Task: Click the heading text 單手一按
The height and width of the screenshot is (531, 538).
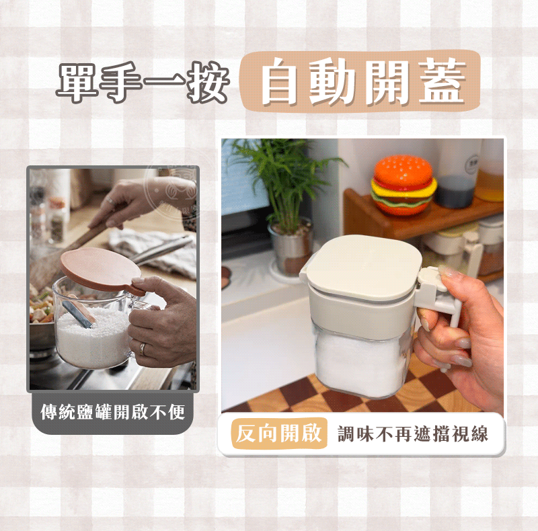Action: tap(143, 83)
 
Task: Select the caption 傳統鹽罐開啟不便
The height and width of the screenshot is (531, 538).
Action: tap(113, 411)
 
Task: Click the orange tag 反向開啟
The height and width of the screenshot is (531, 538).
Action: tap(279, 434)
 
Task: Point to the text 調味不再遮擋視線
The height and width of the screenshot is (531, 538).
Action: tap(413, 434)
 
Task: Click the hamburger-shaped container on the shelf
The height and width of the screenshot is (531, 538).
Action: tap(404, 185)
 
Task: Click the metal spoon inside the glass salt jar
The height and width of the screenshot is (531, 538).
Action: tap(79, 313)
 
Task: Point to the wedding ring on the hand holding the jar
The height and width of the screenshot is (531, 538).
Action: tap(142, 350)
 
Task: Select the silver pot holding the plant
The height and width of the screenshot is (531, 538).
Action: tap(291, 247)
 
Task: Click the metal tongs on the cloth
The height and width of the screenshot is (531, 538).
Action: tap(161, 251)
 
